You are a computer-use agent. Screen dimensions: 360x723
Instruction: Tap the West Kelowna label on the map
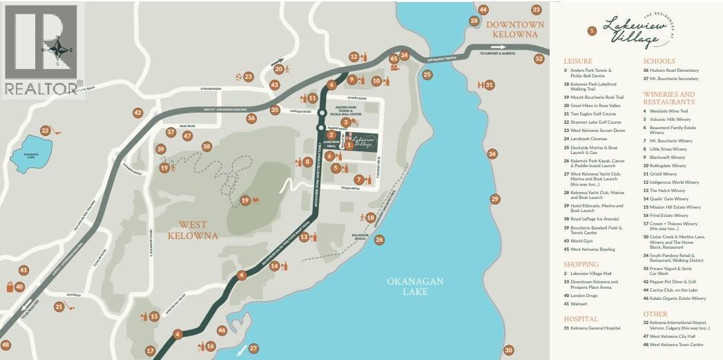193,230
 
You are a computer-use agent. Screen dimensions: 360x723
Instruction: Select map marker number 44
483,10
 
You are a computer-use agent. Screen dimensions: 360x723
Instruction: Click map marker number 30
509,350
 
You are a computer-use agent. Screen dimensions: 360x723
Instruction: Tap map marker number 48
6,345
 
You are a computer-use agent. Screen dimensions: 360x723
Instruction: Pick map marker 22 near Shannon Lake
46,130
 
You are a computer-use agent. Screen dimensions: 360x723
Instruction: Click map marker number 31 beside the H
490,85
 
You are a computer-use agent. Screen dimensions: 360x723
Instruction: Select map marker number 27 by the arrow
253,349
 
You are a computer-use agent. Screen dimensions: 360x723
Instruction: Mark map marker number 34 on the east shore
492,153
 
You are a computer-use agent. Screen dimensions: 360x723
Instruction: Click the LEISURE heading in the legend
577,61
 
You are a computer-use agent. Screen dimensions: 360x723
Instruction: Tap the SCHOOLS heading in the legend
659,61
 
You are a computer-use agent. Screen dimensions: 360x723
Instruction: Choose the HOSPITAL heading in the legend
580,319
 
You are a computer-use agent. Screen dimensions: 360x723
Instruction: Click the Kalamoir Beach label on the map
361,237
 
